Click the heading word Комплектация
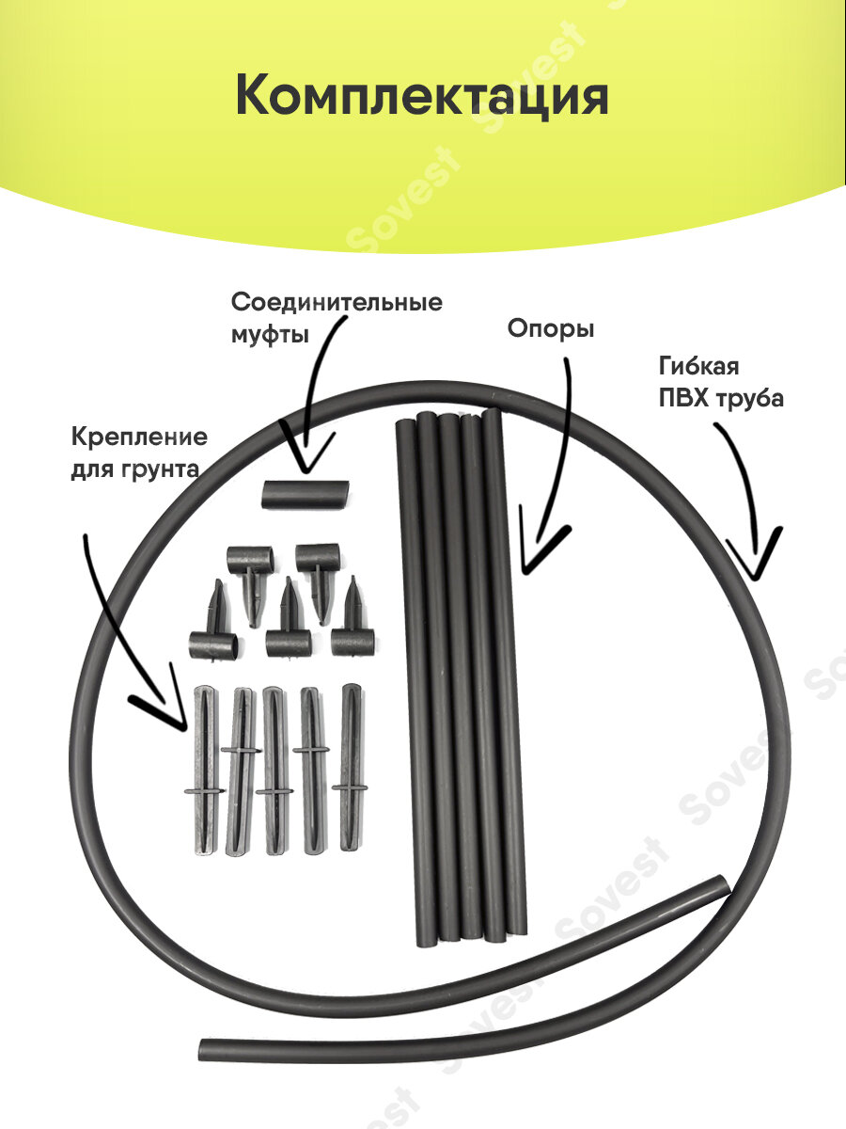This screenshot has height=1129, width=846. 422,97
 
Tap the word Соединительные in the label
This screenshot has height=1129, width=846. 337,303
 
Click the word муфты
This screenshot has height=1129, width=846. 270,334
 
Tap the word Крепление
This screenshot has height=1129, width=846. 139,437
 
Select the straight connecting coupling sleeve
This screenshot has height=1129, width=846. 305,494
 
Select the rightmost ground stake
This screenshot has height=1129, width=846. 351,767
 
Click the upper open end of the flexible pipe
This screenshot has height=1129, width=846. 720,885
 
